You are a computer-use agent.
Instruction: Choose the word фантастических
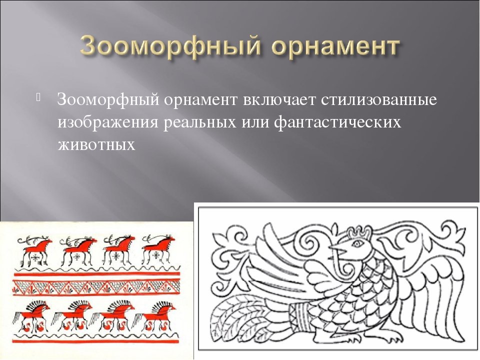[x=337, y=122]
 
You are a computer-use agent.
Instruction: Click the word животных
[x=96, y=144]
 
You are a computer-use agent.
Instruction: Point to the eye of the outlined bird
[x=357, y=243]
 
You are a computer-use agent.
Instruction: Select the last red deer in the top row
[x=158, y=250]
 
